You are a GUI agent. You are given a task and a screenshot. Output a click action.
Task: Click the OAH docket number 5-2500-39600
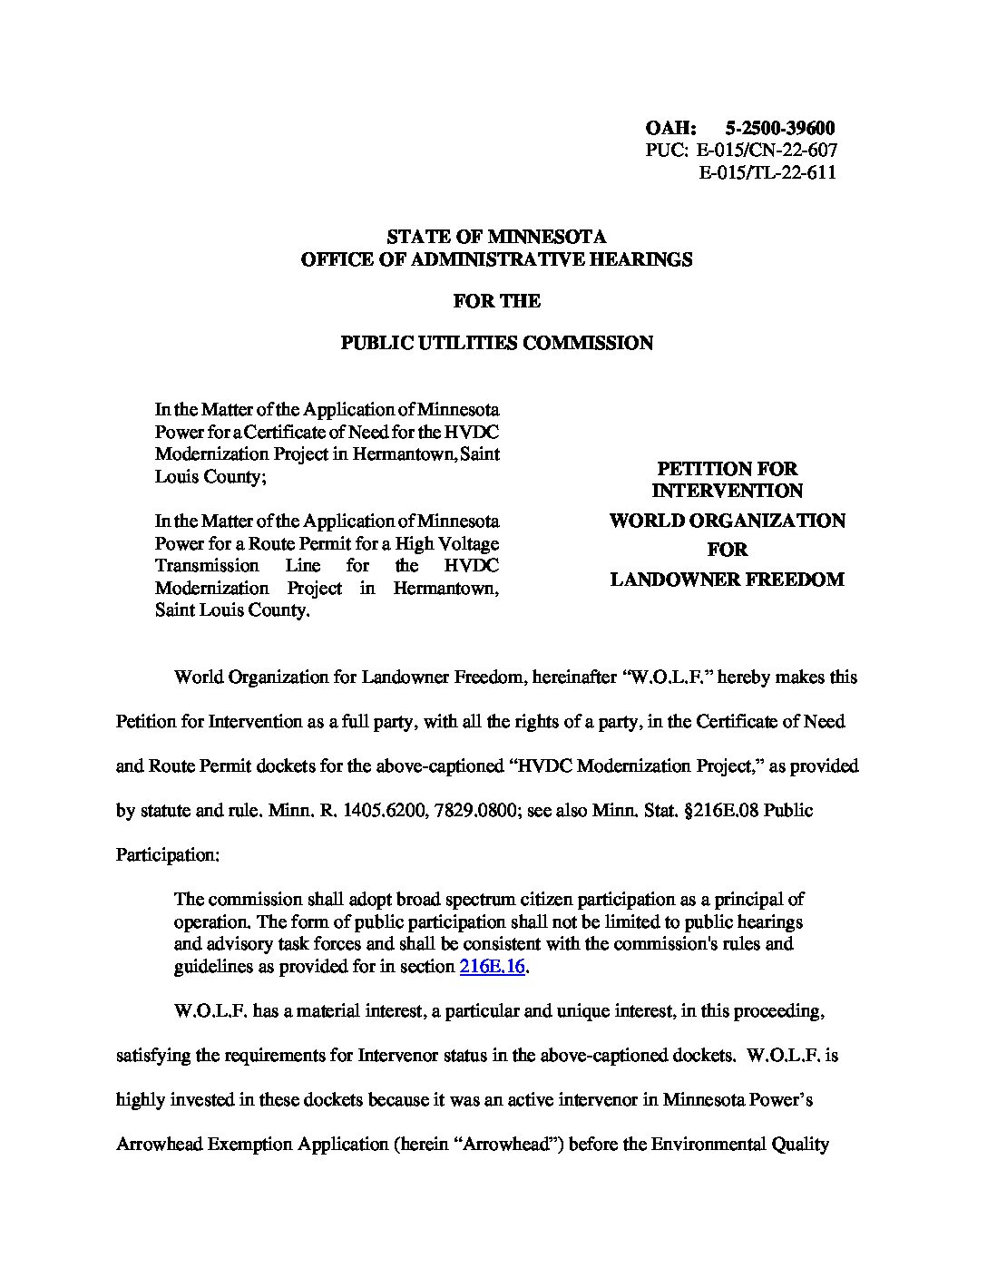tap(780, 129)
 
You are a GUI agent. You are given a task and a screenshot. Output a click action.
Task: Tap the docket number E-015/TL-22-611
tap(767, 172)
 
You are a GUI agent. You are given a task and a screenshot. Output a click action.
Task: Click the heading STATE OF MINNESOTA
tap(496, 237)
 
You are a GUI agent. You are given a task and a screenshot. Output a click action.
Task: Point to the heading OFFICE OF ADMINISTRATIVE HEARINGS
tap(496, 259)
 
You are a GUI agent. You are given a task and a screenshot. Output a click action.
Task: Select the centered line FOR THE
tap(496, 301)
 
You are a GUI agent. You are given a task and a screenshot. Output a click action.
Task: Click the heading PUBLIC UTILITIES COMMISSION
tap(496, 343)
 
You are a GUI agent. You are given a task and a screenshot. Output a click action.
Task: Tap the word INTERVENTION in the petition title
tap(728, 491)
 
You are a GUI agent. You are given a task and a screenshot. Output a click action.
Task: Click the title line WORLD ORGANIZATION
tap(728, 521)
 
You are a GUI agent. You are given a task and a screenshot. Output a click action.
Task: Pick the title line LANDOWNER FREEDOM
tap(728, 580)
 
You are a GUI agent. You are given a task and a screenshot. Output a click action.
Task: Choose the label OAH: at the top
tap(670, 129)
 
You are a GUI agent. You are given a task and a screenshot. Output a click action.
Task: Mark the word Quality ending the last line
tap(799, 1145)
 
